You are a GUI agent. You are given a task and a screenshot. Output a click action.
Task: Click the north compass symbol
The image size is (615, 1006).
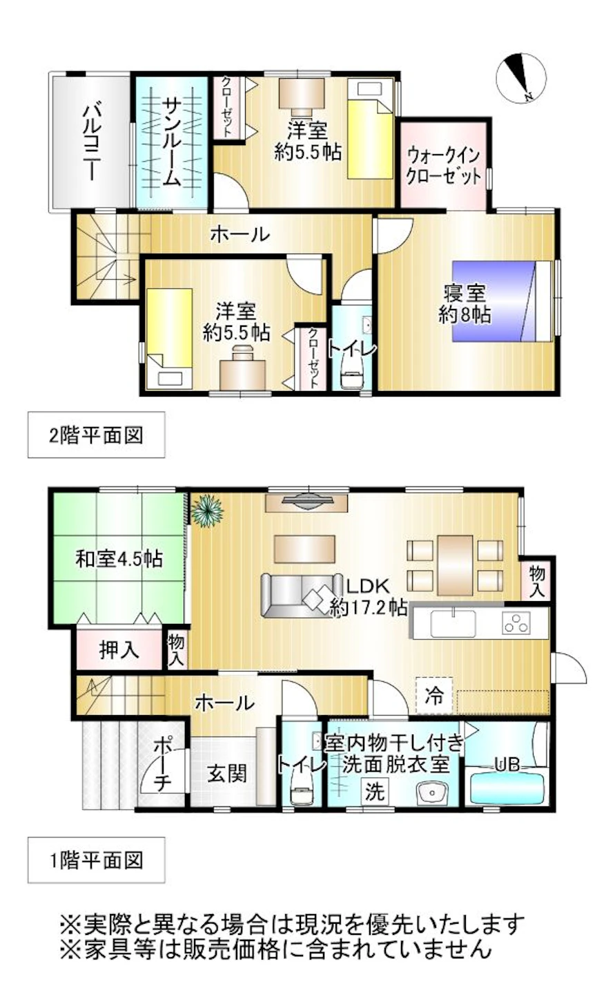(520, 79)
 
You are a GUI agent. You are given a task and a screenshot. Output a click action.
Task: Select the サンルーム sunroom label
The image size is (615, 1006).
(171, 142)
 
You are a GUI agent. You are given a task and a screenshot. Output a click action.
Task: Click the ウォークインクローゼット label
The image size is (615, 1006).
(443, 164)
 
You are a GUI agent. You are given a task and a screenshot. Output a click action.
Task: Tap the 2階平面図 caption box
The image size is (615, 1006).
(96, 435)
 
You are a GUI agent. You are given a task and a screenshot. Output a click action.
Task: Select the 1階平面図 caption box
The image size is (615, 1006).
(96, 860)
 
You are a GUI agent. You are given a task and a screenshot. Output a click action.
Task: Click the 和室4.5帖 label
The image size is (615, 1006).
(119, 558)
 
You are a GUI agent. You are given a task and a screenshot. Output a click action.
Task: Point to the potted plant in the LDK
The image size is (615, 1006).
(206, 512)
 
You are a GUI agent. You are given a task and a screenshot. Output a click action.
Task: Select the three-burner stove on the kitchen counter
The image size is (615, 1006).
(516, 624)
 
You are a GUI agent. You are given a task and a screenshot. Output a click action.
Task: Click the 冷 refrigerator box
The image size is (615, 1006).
(434, 695)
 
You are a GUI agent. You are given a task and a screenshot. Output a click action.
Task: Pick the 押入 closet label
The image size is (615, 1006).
(119, 649)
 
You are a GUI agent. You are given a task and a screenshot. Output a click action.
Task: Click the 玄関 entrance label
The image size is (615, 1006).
(227, 772)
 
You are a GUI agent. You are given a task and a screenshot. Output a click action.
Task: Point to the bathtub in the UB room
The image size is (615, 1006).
(507, 788)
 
